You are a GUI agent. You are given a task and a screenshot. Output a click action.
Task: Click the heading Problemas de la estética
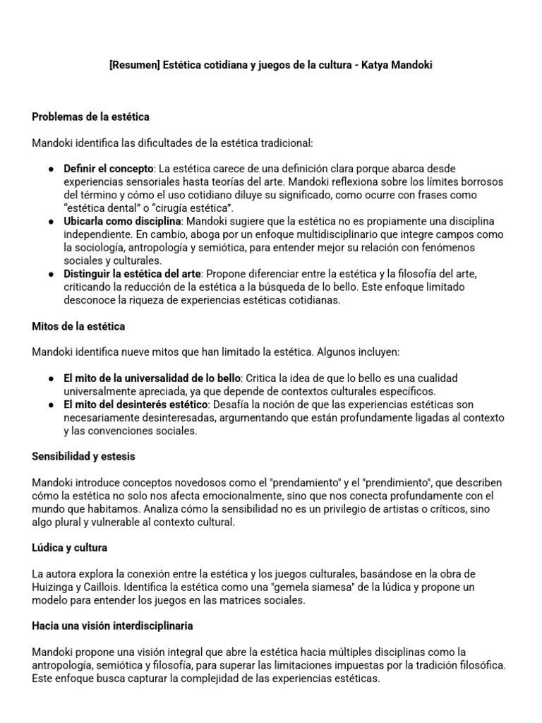[90, 116]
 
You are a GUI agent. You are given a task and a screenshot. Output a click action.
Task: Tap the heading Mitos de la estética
[78, 326]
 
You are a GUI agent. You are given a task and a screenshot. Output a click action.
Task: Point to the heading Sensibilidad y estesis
[83, 457]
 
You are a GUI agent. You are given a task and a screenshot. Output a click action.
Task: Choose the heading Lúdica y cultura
[69, 548]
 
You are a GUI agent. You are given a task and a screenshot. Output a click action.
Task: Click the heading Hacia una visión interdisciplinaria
[112, 626]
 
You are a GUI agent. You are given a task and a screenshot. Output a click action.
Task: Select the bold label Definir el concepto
[109, 169]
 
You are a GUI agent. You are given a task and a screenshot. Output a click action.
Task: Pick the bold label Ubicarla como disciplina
[122, 221]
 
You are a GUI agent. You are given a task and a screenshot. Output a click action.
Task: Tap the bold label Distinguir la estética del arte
[132, 273]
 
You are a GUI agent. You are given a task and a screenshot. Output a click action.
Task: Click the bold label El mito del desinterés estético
[135, 405]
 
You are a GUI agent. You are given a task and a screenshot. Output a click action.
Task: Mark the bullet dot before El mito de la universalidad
[52, 378]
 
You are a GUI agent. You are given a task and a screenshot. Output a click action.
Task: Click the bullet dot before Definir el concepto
[52, 169]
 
